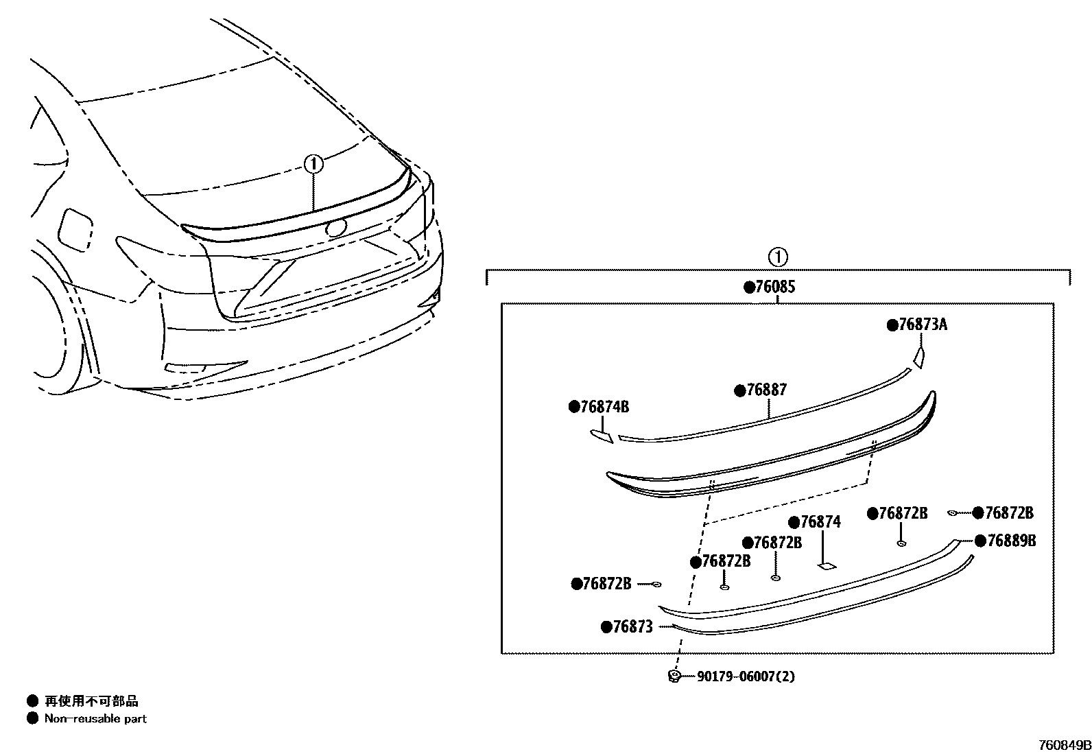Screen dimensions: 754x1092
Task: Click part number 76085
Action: click(774, 287)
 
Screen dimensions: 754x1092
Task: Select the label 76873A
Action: click(922, 325)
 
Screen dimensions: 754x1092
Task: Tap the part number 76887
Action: click(766, 390)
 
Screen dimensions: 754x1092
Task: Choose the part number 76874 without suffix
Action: click(820, 522)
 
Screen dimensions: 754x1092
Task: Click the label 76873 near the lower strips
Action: click(632, 626)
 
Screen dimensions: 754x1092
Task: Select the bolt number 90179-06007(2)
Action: click(746, 676)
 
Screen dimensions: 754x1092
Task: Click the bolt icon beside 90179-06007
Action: click(674, 676)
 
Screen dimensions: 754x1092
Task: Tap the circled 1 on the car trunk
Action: click(313, 163)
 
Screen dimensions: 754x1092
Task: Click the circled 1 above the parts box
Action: click(777, 257)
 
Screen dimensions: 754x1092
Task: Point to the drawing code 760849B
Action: click(1064, 745)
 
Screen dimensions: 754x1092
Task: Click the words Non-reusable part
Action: click(95, 719)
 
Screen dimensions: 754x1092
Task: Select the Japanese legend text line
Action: click(91, 700)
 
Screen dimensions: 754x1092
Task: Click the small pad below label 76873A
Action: click(919, 357)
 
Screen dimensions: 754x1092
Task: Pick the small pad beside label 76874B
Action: click(602, 436)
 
